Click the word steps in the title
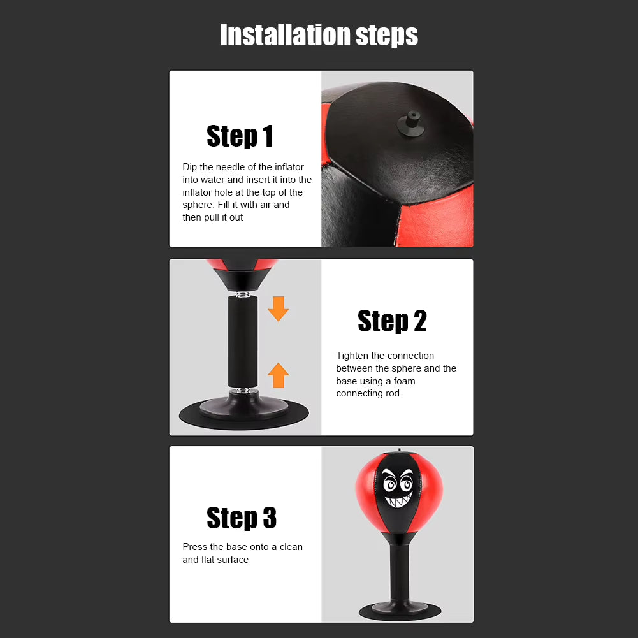click(x=388, y=36)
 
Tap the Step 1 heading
click(x=240, y=136)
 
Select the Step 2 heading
click(x=392, y=321)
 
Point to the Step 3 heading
click(x=242, y=518)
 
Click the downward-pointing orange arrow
click(x=278, y=308)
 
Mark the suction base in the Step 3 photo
click(x=399, y=610)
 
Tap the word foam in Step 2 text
click(x=404, y=381)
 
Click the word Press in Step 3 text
click(x=194, y=547)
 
